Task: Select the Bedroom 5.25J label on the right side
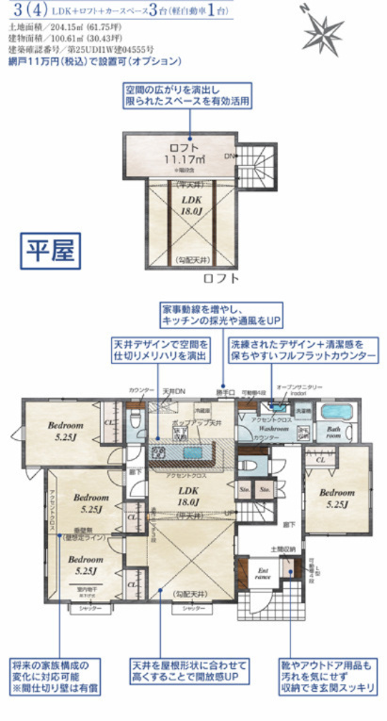tap(334, 498)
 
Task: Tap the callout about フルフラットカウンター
tap(302, 352)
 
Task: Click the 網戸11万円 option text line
tap(93, 60)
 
